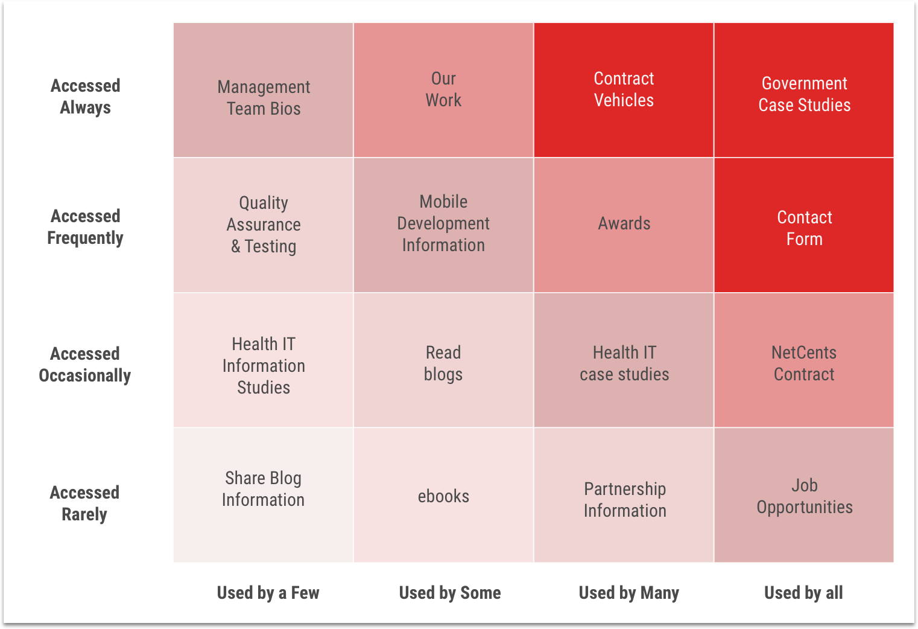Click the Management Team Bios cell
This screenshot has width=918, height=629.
pyautogui.click(x=264, y=98)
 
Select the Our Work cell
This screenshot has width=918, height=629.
pyautogui.click(x=443, y=89)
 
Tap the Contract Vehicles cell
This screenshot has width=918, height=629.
pyautogui.click(x=624, y=89)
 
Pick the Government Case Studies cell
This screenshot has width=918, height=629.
pyautogui.click(x=804, y=94)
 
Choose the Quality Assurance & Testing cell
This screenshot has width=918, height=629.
pyautogui.click(x=264, y=225)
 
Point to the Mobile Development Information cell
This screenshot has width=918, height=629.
pyautogui.click(x=443, y=223)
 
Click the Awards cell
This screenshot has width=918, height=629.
pyautogui.click(x=624, y=223)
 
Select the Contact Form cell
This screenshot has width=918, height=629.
pyautogui.click(x=804, y=228)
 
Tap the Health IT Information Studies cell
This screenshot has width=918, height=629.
pyautogui.click(x=264, y=366)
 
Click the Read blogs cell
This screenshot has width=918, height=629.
pyautogui.click(x=443, y=363)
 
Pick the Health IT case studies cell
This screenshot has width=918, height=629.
pyautogui.click(x=624, y=363)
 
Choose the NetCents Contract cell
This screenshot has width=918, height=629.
pyautogui.click(x=804, y=363)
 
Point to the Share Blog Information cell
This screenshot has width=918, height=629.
pyautogui.click(x=264, y=489)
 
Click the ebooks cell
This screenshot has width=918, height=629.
pyautogui.click(x=443, y=496)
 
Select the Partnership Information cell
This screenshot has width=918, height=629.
pyautogui.click(x=624, y=500)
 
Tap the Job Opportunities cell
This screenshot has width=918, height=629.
pyautogui.click(x=804, y=496)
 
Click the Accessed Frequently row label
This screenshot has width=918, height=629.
pyautogui.click(x=85, y=227)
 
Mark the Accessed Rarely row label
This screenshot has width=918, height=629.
pyautogui.click(x=84, y=503)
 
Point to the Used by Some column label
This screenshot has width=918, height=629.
pyautogui.click(x=450, y=593)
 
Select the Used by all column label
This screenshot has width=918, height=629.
pyautogui.click(x=803, y=593)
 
